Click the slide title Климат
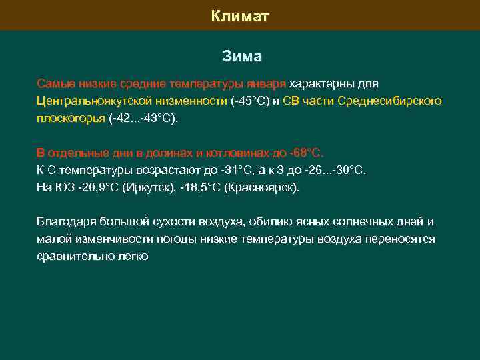point(240,15)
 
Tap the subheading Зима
point(241,57)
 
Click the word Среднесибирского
point(389,101)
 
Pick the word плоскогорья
point(71,118)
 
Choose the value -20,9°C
point(96,187)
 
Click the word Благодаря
point(65,222)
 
